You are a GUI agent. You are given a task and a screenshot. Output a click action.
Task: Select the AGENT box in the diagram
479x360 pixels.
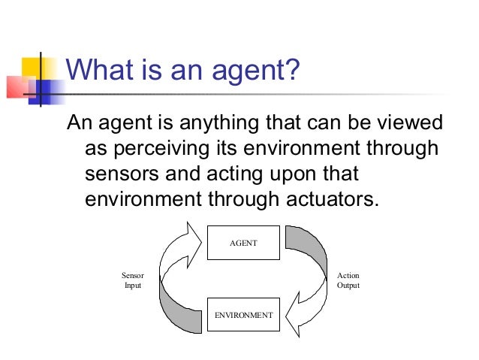243,243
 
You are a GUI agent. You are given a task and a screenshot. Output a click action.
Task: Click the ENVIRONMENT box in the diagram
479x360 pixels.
243,315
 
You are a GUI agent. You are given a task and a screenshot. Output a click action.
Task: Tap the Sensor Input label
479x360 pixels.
132,280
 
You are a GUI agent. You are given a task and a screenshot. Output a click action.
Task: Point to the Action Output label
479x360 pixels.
348,280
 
